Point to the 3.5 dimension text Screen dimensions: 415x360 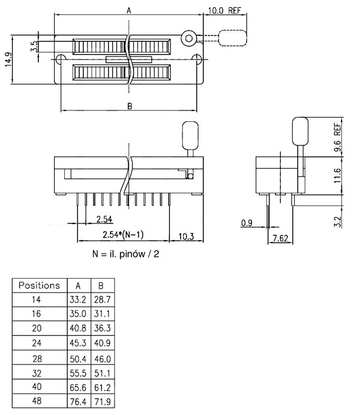pyautogui.click(x=34, y=46)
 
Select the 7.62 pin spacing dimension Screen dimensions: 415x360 pyautogui.click(x=280, y=239)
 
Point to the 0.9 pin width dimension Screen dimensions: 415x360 pyautogui.click(x=246, y=223)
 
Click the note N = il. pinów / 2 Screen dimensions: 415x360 pyautogui.click(x=126, y=254)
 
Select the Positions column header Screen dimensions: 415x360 pyautogui.click(x=39, y=285)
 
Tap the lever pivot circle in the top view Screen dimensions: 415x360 pyautogui.click(x=189, y=39)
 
